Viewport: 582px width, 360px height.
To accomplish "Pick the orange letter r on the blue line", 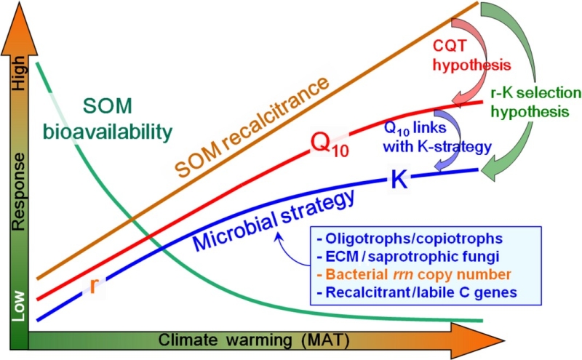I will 92,285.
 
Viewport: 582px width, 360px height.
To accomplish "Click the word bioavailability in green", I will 127,132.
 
